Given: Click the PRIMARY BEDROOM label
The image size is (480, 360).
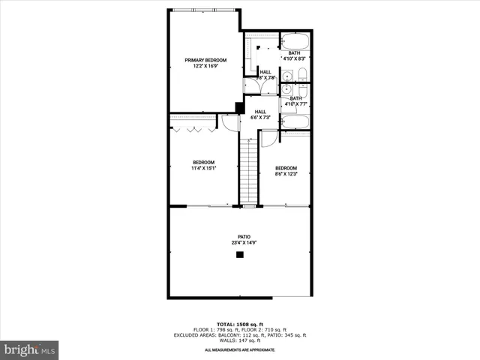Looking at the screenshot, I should pyautogui.click(x=205, y=60).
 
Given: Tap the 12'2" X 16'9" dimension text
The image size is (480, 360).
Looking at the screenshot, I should pyautogui.click(x=205, y=66).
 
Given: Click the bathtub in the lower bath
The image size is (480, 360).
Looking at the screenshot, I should pyautogui.click(x=295, y=121).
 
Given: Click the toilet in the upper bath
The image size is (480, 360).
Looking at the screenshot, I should pyautogui.click(x=301, y=74).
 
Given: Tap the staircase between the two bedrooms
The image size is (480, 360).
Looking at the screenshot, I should pyautogui.click(x=248, y=170).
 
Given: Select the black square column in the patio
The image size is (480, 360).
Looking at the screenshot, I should pyautogui.click(x=240, y=255).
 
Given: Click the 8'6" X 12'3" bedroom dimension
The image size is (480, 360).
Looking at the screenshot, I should pyautogui.click(x=286, y=174).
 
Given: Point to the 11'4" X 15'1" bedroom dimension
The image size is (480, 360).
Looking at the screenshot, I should pyautogui.click(x=203, y=169).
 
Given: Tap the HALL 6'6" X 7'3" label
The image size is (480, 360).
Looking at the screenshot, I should pyautogui.click(x=260, y=115).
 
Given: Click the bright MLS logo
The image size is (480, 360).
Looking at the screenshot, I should pyautogui.click(x=29, y=349).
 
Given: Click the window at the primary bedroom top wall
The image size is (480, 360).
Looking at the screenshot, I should pyautogui.click(x=203, y=10).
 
